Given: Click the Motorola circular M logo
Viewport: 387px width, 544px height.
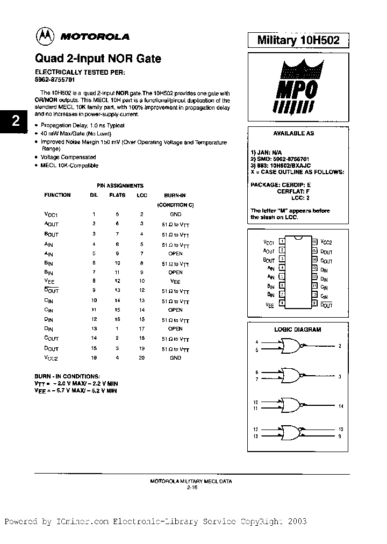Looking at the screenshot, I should coord(45,37).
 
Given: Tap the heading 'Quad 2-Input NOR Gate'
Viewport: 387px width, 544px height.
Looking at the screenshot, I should coord(98,59).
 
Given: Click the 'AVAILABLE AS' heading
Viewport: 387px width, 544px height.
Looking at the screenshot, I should coord(293,133).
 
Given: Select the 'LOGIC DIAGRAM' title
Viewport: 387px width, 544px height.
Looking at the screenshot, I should coord(297,330).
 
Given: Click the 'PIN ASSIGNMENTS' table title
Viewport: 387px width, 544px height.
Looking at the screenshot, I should coord(120,185).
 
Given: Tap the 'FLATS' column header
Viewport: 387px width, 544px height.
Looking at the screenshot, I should coord(117,195).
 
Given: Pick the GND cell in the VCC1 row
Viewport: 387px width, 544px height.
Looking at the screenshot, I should coord(175,214).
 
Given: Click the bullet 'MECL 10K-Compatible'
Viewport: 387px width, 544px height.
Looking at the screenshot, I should coord(69,166).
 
